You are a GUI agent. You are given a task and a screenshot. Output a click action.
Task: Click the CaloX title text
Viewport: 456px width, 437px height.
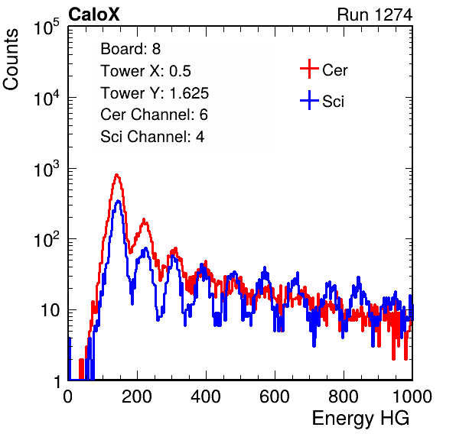pyautogui.click(x=93, y=15)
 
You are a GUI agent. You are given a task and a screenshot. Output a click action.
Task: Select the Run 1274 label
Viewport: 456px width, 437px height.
pyautogui.click(x=375, y=15)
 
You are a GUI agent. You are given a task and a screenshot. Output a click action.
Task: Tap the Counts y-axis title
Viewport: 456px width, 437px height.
pyautogui.click(x=11, y=60)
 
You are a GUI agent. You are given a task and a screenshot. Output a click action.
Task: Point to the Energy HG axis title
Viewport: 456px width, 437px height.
pyautogui.click(x=360, y=419)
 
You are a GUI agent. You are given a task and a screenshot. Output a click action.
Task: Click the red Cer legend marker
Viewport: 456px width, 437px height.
pyautogui.click(x=309, y=69)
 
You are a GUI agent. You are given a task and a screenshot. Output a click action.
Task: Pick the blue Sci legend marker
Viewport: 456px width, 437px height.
pyautogui.click(x=309, y=100)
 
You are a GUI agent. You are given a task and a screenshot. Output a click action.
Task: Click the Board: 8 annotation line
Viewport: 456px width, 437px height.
pyautogui.click(x=130, y=49)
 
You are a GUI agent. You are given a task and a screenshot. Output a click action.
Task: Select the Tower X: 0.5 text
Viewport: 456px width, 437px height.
pyautogui.click(x=145, y=71)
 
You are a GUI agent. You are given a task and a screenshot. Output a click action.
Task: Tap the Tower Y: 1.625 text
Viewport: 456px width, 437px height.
pyautogui.click(x=155, y=93)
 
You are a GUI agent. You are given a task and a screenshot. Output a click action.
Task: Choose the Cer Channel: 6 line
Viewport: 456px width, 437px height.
pyautogui.click(x=154, y=115)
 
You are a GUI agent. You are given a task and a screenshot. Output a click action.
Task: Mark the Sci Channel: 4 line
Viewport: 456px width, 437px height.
pyautogui.click(x=152, y=137)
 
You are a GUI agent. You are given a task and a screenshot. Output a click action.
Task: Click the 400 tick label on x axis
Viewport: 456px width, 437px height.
pyautogui.click(x=206, y=396)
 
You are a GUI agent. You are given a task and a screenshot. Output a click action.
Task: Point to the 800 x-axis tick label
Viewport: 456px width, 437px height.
pyautogui.click(x=344, y=396)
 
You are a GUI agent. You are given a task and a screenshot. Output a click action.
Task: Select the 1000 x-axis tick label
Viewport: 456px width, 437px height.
pyautogui.click(x=412, y=396)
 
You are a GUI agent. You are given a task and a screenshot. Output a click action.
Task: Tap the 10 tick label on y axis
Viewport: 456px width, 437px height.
pyautogui.click(x=50, y=310)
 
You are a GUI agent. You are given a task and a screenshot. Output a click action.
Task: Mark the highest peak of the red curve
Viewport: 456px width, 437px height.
pyautogui.click(x=117, y=175)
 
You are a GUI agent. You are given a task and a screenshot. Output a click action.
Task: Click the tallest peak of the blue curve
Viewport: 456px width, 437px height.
pyautogui.click(x=118, y=201)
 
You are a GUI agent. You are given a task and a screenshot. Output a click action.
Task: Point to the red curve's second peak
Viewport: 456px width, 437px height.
pyautogui.click(x=144, y=220)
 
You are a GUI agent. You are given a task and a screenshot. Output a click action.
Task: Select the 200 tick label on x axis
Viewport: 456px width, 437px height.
pyautogui.click(x=137, y=396)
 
